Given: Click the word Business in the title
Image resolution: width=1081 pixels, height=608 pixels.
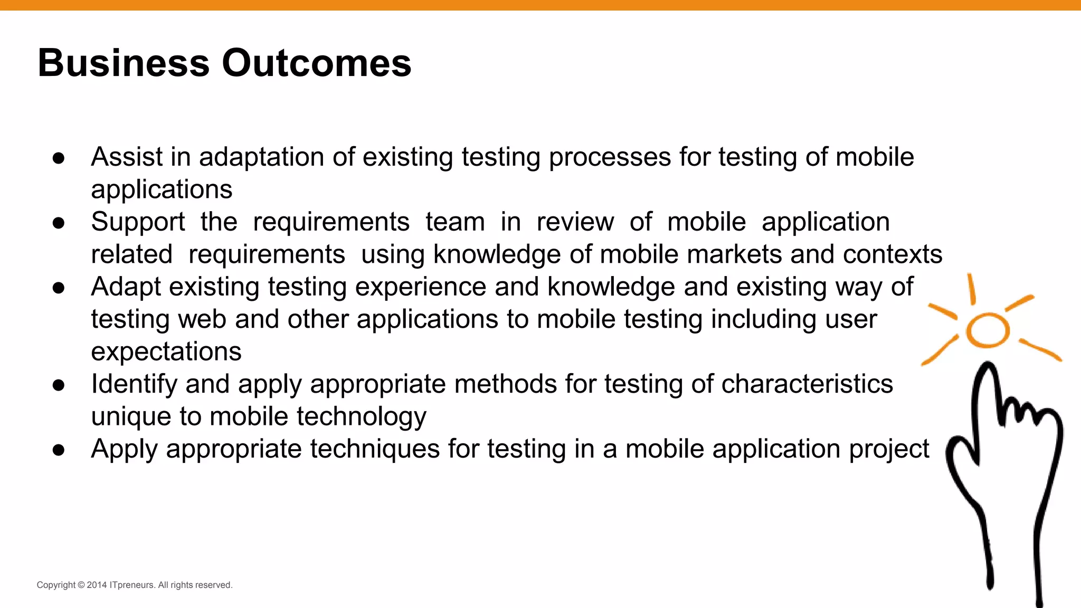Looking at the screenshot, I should coord(124,63).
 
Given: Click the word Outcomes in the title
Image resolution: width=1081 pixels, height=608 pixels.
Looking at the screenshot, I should coord(316,63).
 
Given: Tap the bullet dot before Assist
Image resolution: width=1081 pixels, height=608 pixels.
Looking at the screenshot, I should coord(59,158).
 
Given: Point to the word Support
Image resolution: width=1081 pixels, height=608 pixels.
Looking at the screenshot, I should coord(138,222).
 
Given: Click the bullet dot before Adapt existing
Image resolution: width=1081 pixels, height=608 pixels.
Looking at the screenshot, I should coord(59,288).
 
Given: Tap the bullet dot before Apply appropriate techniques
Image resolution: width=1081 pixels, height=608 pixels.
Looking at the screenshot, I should coord(59,450).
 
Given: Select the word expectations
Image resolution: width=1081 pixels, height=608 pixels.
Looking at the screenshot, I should coord(166,351).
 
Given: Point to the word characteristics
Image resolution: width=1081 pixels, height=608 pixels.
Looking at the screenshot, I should coord(807,384).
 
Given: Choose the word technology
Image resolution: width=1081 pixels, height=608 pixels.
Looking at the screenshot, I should coord(362,416).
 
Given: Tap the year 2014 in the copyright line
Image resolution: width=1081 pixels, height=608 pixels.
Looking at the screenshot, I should coord(97,585).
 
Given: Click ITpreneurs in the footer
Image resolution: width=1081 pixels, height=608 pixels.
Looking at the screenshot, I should coord(132,585).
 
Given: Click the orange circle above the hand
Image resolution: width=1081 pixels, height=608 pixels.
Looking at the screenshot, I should coord(988,330).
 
